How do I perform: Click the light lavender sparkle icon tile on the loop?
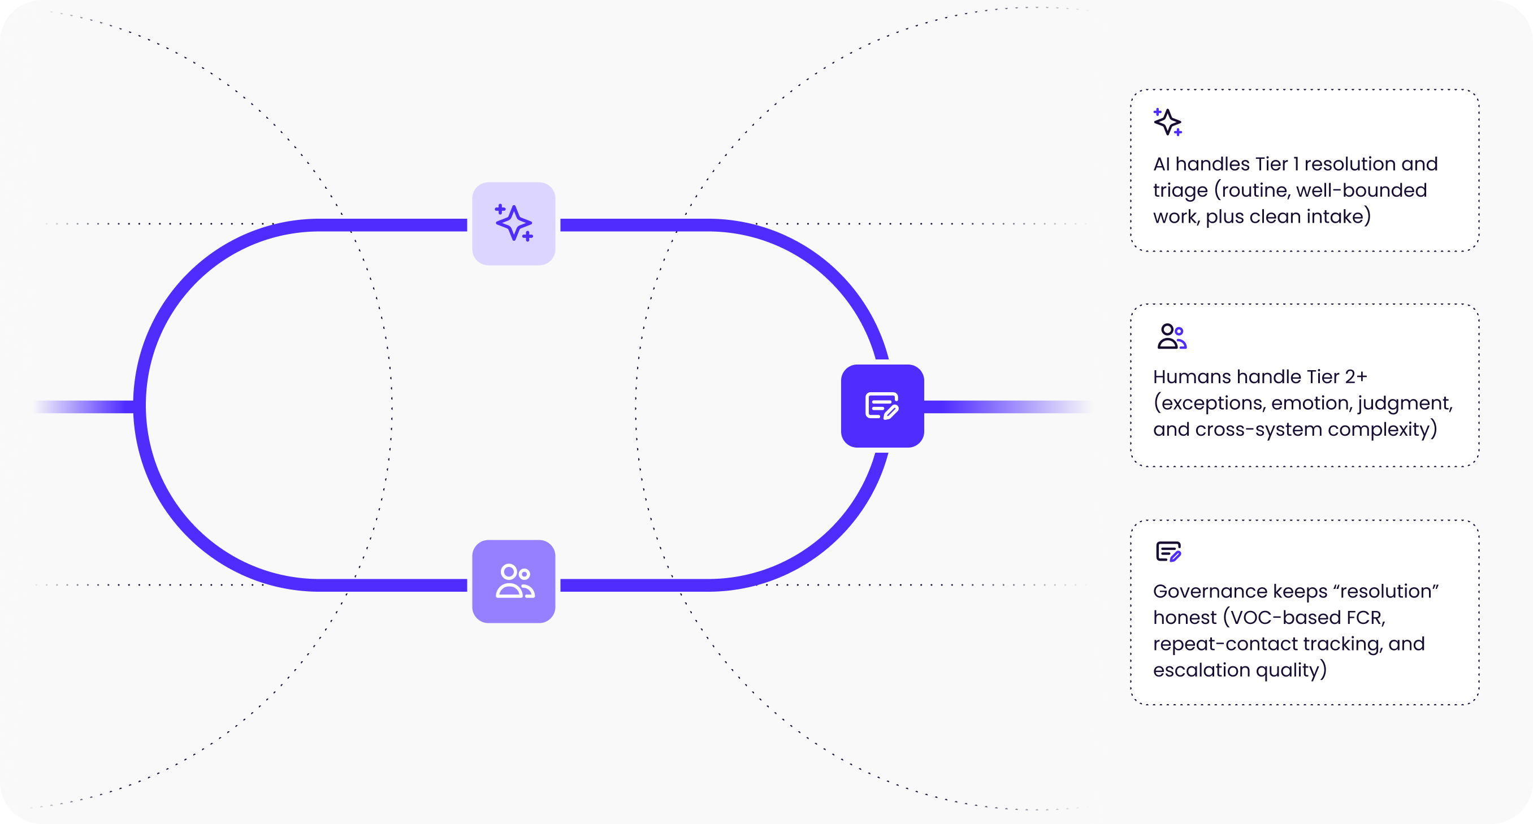click(x=514, y=224)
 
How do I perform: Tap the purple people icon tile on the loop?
click(x=514, y=581)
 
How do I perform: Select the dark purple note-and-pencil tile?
click(x=882, y=406)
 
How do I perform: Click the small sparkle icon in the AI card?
click(x=1168, y=122)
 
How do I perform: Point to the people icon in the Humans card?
click(x=1172, y=336)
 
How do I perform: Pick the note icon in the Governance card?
click(x=1168, y=552)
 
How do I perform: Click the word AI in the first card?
click(x=1161, y=164)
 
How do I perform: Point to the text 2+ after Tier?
click(x=1356, y=377)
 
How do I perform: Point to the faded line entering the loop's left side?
click(x=83, y=407)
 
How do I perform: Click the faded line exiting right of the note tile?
click(x=1006, y=407)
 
